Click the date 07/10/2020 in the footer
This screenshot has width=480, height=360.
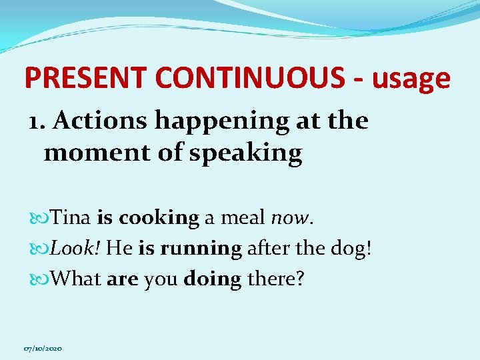[43, 349]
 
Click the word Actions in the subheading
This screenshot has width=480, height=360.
[101, 121]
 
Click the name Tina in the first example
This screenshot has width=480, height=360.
[72, 217]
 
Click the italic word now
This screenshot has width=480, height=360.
[289, 217]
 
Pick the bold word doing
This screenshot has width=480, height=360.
[212, 280]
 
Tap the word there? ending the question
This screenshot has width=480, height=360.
[275, 279]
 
